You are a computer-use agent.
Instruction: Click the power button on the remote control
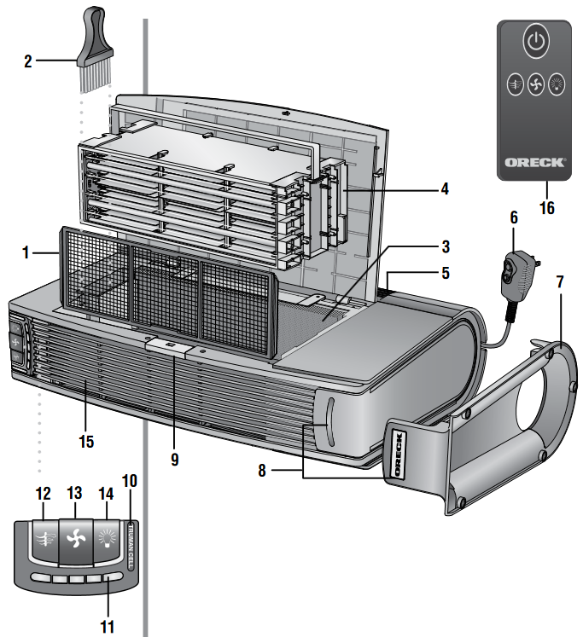point(534,42)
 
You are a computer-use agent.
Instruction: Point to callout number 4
point(445,188)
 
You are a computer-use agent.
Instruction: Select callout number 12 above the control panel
point(43,494)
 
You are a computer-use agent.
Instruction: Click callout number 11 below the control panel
point(107,625)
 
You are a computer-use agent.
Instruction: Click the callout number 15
point(85,443)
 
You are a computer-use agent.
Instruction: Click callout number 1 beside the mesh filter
point(26,253)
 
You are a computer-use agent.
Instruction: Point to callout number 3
point(445,247)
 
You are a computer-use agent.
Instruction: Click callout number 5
point(445,275)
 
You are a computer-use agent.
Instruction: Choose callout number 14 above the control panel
point(106,494)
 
